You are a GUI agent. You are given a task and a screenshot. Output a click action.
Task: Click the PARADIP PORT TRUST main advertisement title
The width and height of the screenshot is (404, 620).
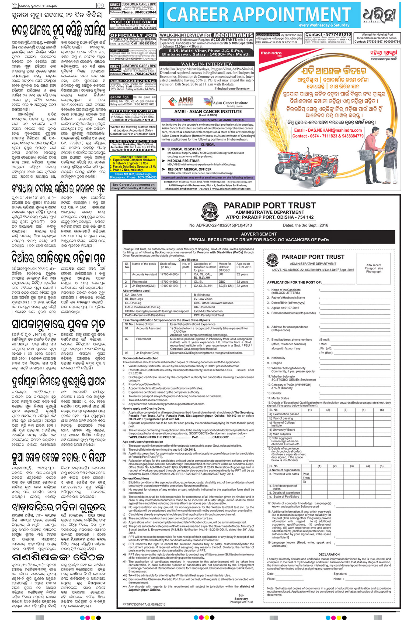[269, 205]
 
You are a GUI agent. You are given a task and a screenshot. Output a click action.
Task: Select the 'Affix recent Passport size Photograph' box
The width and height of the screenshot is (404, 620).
[374, 268]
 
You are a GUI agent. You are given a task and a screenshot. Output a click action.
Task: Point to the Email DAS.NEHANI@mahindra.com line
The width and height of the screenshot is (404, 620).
[328, 130]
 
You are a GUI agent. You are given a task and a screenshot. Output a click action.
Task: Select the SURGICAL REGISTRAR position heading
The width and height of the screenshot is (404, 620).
[184, 149]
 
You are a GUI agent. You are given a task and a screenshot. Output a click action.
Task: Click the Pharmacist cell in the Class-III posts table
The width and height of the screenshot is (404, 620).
[139, 282]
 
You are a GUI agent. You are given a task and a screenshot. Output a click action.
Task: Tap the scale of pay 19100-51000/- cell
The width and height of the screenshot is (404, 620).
[169, 286]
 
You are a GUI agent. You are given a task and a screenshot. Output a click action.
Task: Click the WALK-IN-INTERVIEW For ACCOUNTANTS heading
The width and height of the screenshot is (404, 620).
[206, 35]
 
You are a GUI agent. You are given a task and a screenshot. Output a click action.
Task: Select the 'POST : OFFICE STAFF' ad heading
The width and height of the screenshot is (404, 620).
[133, 22]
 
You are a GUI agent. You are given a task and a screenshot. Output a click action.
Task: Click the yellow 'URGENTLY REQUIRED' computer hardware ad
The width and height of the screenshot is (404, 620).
[133, 167]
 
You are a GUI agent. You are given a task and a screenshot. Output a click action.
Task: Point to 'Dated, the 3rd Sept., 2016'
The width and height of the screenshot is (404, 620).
[305, 225]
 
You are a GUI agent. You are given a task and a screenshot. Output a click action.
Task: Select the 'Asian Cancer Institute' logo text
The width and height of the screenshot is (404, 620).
[230, 103]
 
